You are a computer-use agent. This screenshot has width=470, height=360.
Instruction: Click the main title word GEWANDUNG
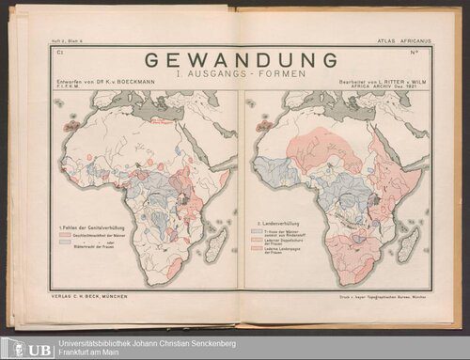pos(243,60)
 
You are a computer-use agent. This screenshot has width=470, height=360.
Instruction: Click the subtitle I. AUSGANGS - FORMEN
pos(243,76)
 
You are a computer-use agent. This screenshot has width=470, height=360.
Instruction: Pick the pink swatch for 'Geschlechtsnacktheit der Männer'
pos(66,238)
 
